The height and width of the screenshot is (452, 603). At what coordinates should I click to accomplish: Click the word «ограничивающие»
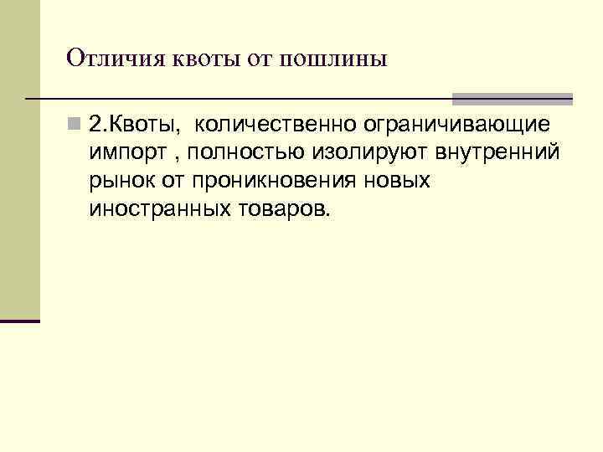coord(456,126)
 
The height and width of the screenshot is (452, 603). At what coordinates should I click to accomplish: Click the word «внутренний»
coord(488,153)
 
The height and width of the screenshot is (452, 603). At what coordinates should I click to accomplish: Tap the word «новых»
coord(402,181)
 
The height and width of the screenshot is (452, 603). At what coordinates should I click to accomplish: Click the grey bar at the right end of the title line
coord(513,99)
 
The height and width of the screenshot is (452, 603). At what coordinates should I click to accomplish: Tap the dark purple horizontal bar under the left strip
coord(20,321)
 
